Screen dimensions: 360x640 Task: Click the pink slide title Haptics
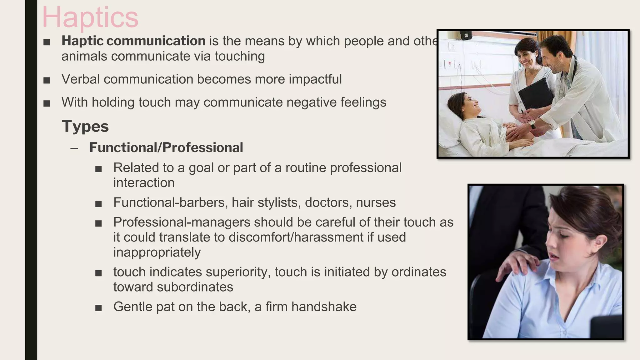pos(90,17)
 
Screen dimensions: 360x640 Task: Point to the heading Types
pos(85,127)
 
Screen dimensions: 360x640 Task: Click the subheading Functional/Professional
pos(166,148)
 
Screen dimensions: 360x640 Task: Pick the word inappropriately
pos(157,252)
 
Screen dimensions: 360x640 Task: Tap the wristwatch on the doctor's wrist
pos(532,125)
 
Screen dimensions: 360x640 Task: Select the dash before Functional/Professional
pos(74,148)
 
